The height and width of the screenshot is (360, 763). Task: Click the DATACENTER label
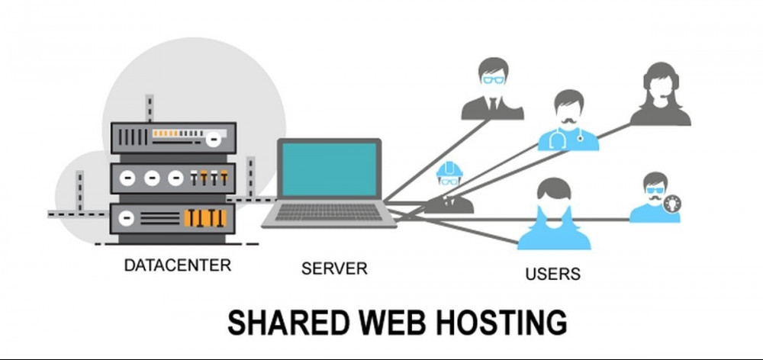177,266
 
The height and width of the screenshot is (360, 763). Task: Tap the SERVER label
333,268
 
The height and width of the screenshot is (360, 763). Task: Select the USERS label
552,273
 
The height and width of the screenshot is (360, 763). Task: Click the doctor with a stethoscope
568,121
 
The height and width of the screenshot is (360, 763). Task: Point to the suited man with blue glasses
492,87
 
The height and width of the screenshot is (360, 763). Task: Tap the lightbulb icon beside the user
672,203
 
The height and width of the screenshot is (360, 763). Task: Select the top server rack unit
173,137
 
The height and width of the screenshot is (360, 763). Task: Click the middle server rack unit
173,178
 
